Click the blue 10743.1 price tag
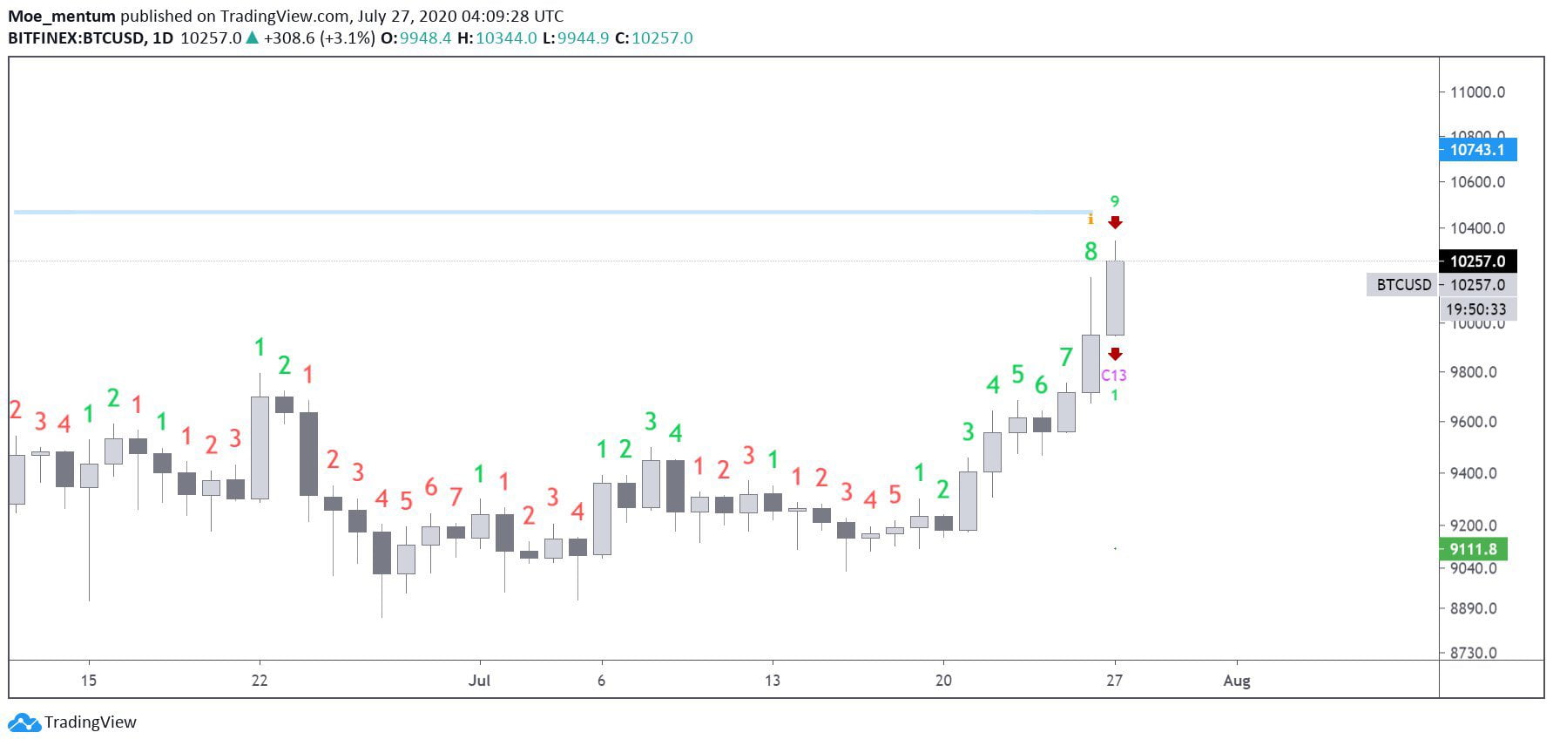(x=1477, y=150)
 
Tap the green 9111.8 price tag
(x=1473, y=549)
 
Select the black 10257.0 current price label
(x=1477, y=261)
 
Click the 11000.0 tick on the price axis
(x=1477, y=92)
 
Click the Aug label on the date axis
(x=1236, y=681)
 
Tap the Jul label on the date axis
(x=479, y=681)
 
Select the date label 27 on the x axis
(x=1114, y=681)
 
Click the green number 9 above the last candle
(x=1115, y=202)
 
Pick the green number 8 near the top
(x=1090, y=252)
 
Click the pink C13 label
(x=1114, y=376)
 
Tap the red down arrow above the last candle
(x=1115, y=223)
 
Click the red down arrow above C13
(x=1115, y=354)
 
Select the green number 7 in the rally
(x=1066, y=357)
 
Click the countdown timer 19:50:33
(x=1476, y=309)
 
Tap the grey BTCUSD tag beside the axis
(x=1403, y=285)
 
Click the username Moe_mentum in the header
(x=62, y=16)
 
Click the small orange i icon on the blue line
(x=1090, y=219)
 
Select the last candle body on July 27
(x=1115, y=298)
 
